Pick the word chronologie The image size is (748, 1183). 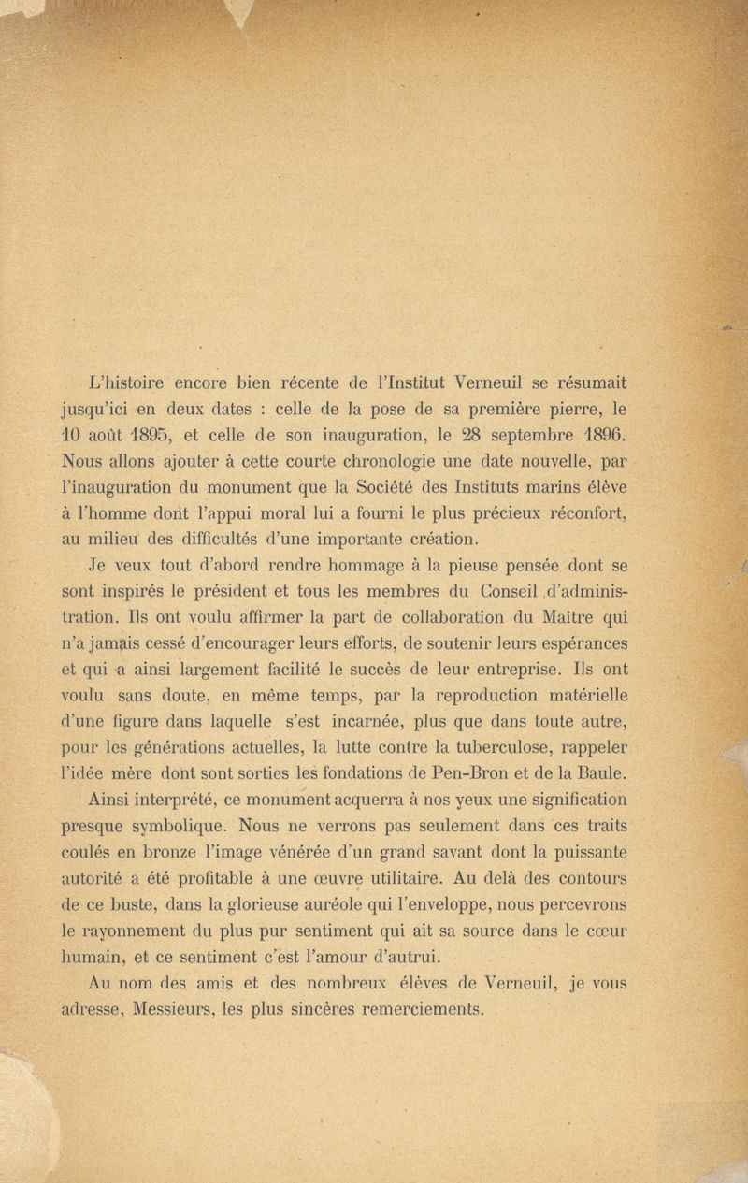tap(419, 458)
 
